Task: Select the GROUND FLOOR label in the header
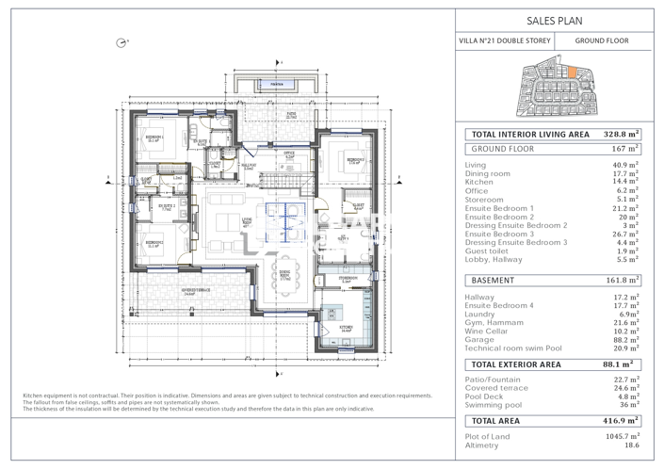(x=602, y=41)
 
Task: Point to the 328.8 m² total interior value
(x=621, y=135)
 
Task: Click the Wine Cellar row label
(x=488, y=332)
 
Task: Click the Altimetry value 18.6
(x=631, y=445)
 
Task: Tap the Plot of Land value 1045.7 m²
(x=622, y=437)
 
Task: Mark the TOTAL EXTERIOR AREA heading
(x=516, y=364)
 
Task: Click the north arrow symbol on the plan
(x=121, y=42)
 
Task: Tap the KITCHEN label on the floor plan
(x=346, y=329)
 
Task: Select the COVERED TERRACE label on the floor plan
(x=195, y=290)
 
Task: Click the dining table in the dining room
(x=284, y=278)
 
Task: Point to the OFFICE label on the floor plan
(x=289, y=152)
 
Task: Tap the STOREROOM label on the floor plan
(x=348, y=279)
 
